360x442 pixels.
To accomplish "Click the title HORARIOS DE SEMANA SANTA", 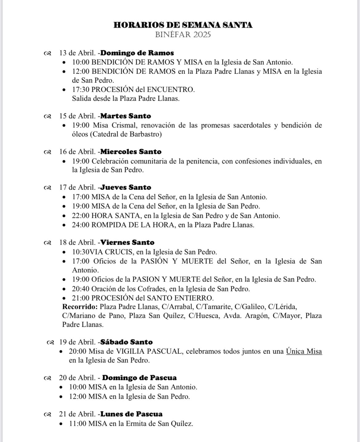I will click(183, 25).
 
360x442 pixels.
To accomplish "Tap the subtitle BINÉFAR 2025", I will click(183, 34).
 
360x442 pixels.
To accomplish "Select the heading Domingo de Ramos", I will click(137, 53).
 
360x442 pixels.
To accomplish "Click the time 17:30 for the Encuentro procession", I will click(81, 90).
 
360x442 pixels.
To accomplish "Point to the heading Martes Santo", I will click(126, 116).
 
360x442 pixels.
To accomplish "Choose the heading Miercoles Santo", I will click(131, 152).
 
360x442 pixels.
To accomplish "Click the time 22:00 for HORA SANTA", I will click(81, 216).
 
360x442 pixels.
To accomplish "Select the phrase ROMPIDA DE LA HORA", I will click(133, 225).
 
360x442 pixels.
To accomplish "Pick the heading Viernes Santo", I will click(127, 242).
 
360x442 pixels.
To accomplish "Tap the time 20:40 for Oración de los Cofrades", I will click(81, 289).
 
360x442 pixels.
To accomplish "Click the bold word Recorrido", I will click(80, 307).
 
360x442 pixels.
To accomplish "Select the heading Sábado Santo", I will click(126, 342).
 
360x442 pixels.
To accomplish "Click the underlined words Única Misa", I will click(304, 351).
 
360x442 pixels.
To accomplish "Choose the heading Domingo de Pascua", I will click(139, 378).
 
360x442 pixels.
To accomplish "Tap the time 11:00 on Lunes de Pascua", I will click(78, 424).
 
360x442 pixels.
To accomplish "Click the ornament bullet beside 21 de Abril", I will click(47, 414).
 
